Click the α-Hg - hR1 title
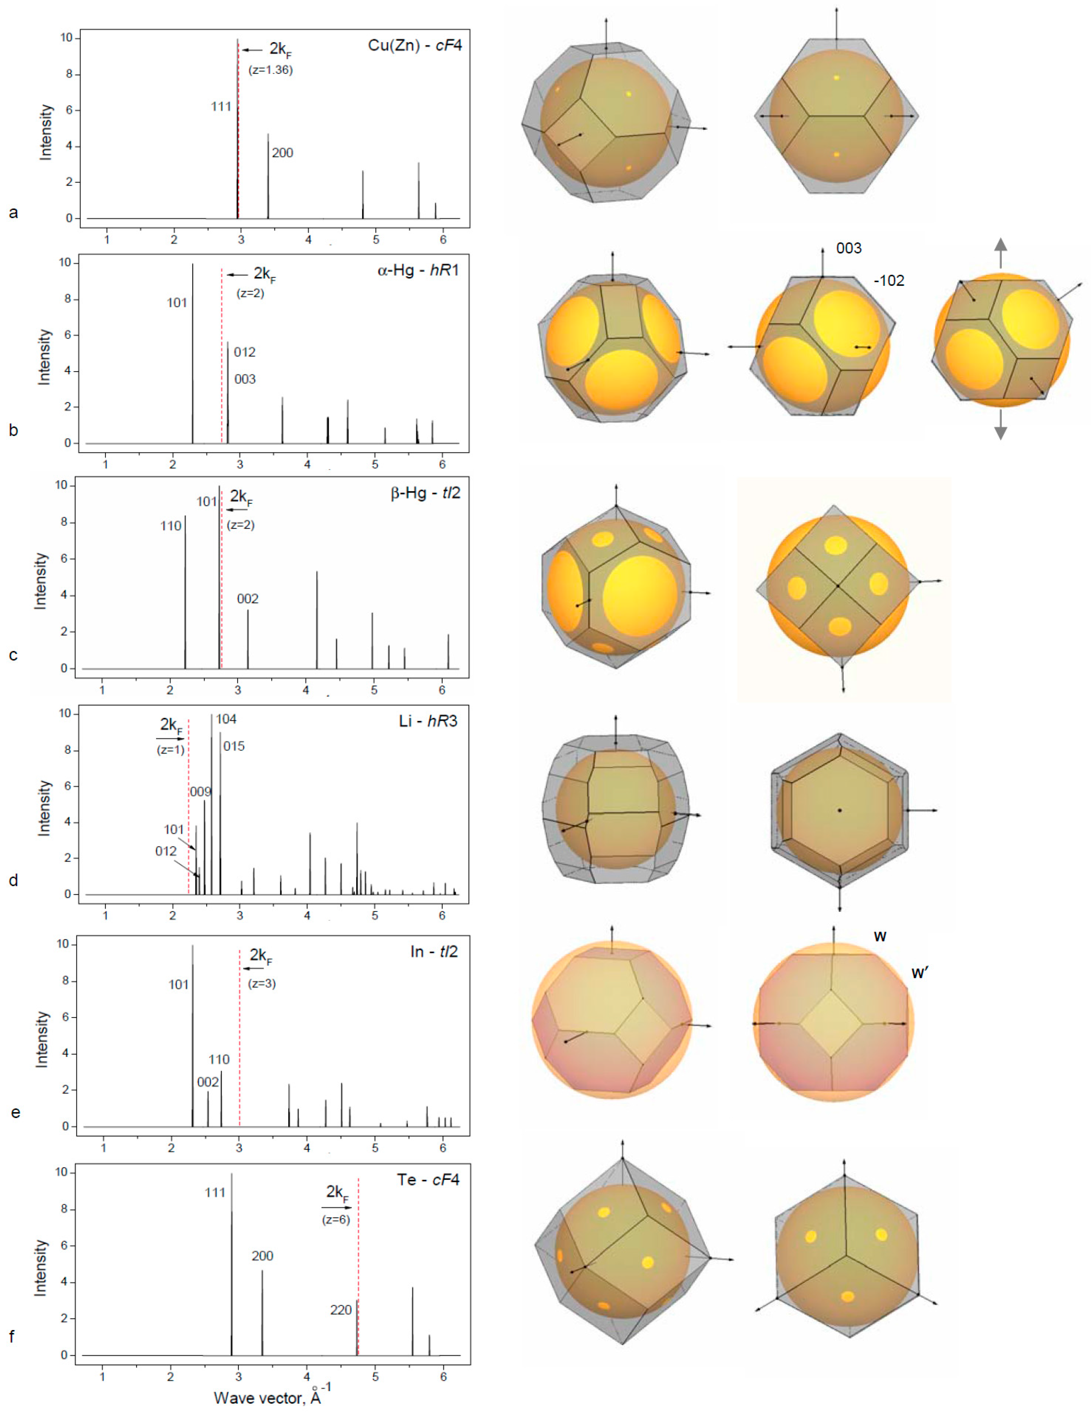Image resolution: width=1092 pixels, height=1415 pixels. point(418,270)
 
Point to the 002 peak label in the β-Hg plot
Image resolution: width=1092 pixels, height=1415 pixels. point(248,599)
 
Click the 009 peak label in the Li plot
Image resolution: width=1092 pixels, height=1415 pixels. point(200,792)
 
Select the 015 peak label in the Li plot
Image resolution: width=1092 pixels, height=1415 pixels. point(234,746)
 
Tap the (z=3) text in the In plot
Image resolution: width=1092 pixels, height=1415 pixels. point(262,984)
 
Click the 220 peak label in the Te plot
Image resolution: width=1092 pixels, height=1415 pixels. point(341,1310)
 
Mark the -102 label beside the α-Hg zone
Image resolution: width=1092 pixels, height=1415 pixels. point(889,281)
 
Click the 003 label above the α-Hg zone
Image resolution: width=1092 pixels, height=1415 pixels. point(848,248)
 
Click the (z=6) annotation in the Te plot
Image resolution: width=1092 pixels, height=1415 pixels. point(336,1219)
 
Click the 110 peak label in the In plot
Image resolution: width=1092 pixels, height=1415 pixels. point(219,1059)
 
